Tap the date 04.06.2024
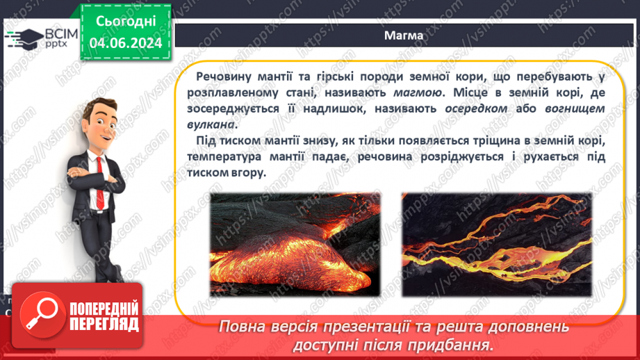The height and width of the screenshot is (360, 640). (x=126, y=43)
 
